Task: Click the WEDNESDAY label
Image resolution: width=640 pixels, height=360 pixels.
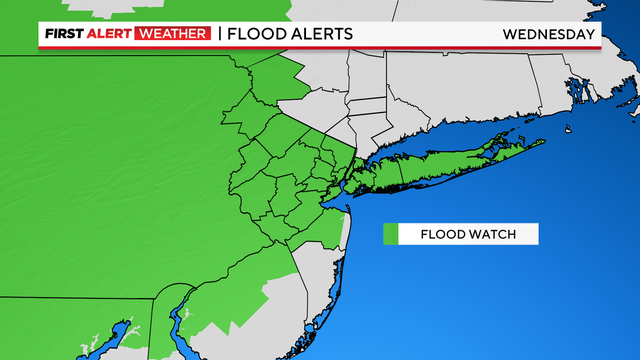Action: pos(548,34)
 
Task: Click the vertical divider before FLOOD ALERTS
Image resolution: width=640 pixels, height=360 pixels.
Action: pos(219,34)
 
